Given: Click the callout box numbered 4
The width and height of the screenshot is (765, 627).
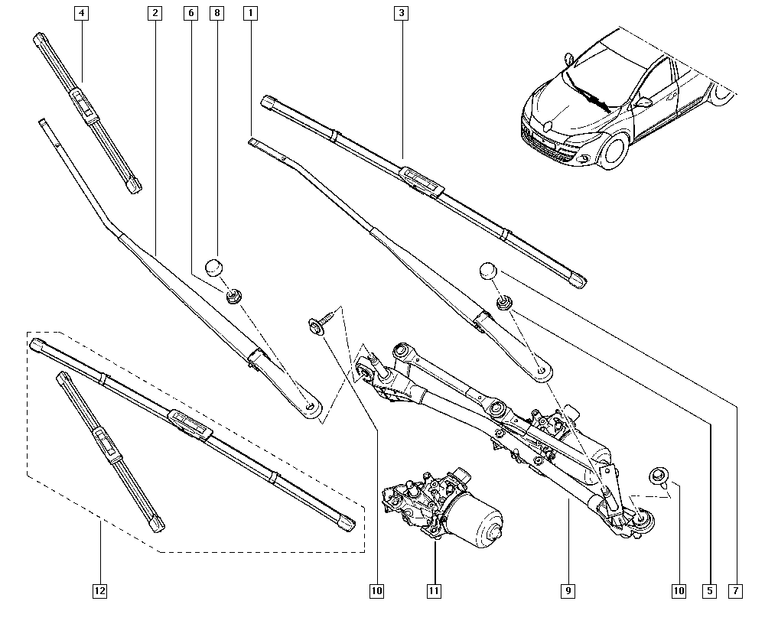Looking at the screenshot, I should [81, 13].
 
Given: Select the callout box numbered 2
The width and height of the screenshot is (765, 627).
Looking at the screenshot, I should [155, 13].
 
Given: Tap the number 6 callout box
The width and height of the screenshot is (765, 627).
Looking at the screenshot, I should [190, 13].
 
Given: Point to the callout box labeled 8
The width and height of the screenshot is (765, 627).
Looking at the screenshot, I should [217, 13].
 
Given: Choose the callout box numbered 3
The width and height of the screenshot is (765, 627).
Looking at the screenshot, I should [401, 13].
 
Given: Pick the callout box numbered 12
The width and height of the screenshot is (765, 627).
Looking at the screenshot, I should [99, 590].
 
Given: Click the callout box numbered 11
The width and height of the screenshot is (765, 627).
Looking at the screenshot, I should [434, 590].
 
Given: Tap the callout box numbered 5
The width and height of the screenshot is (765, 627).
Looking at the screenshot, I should [709, 590].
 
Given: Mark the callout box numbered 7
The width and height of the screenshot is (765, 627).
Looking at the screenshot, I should [736, 590].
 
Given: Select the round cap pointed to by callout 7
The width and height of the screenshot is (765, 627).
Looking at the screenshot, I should [489, 271].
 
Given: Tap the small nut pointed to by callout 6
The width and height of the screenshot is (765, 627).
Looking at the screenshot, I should [233, 294].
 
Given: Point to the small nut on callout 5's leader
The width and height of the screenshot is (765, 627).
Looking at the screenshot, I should [503, 304].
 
